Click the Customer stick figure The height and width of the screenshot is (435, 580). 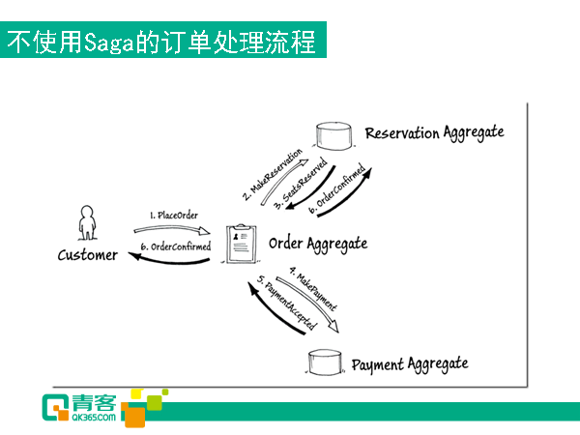87,222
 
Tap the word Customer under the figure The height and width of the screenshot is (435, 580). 88,255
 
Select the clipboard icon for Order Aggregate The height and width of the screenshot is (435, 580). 241,244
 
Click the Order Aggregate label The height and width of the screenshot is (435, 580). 318,245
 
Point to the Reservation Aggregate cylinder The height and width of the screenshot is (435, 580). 333,136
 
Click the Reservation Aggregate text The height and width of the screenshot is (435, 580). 435,133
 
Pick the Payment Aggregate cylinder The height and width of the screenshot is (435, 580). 325,362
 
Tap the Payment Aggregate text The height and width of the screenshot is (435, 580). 410,364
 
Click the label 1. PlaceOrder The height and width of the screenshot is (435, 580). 174,216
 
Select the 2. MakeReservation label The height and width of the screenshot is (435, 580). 273,175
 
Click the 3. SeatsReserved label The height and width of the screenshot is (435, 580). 301,184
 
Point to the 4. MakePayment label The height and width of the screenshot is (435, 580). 313,288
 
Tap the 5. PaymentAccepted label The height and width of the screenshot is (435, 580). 287,303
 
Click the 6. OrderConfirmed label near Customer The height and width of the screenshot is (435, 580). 176,246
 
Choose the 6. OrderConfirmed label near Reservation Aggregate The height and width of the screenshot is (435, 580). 337,188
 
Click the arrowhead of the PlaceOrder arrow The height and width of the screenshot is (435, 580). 203,232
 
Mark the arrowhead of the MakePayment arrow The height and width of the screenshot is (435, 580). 333,327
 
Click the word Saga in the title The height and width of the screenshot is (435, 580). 108,42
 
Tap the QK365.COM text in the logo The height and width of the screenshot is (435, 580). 94,418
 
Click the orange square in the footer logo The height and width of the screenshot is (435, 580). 134,416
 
